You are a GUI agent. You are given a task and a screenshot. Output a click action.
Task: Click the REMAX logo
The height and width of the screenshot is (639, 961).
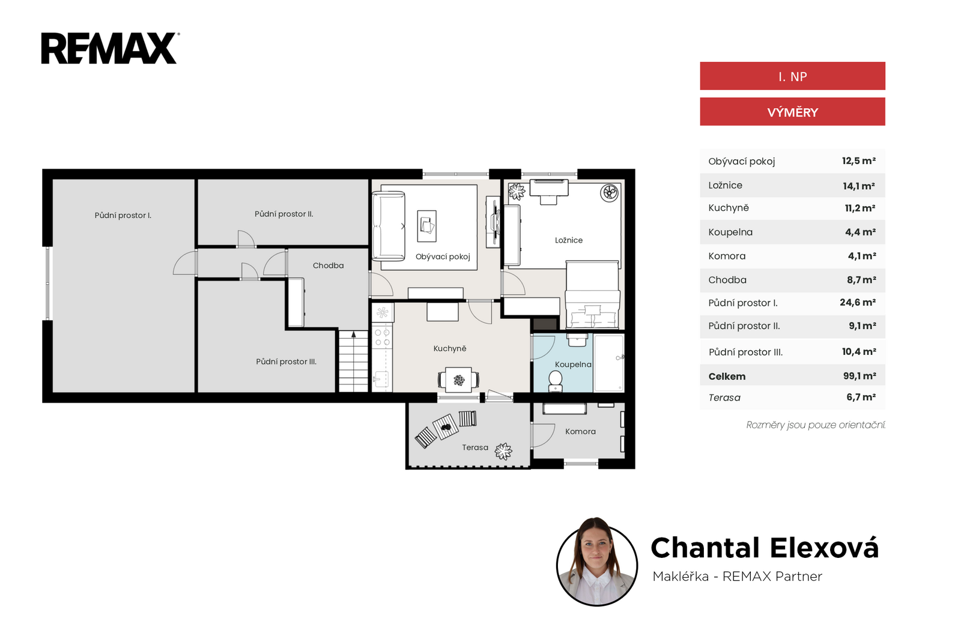click(110, 48)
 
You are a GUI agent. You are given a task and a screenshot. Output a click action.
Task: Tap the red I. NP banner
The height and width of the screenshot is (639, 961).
click(792, 76)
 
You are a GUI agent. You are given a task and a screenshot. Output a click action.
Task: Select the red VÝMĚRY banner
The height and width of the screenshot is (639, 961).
click(792, 112)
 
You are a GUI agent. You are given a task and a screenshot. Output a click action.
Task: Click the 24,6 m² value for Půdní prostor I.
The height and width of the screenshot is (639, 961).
click(858, 302)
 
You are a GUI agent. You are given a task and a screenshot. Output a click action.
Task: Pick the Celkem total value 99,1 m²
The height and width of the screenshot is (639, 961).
click(859, 376)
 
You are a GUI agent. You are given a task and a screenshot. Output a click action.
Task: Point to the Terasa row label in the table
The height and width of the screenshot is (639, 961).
click(724, 398)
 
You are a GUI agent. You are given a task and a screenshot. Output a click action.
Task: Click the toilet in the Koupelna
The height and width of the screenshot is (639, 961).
click(556, 381)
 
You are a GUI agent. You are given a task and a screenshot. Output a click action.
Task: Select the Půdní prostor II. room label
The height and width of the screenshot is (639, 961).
click(284, 214)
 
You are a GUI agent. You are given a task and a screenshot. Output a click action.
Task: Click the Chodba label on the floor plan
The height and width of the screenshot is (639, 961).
click(328, 265)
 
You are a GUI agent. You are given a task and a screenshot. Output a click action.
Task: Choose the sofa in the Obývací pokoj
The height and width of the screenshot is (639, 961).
click(388, 226)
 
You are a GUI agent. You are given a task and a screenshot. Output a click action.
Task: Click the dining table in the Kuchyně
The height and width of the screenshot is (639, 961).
click(459, 380)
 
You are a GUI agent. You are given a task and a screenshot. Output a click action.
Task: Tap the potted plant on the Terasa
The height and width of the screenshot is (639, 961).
click(503, 451)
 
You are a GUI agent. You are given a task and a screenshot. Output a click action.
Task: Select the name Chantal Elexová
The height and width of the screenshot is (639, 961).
click(765, 548)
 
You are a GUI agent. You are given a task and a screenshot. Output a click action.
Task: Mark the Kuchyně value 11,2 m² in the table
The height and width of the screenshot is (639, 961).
click(860, 208)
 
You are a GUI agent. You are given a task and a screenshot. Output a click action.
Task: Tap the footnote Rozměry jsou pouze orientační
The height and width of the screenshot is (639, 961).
click(816, 425)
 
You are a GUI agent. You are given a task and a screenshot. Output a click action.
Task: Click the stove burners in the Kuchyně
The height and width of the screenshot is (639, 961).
click(382, 337)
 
